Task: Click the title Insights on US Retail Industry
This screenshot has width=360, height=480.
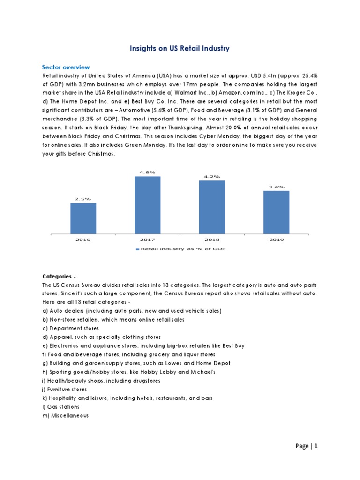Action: [x=180, y=48]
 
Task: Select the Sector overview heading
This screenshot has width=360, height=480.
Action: [x=66, y=67]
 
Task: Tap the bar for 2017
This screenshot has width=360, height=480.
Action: [x=147, y=204]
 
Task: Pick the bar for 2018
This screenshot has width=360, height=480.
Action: [x=211, y=206]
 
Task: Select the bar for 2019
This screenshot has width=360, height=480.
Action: [x=276, y=211]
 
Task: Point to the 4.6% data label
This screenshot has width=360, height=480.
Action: [x=147, y=172]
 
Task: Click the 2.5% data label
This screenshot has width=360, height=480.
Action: [x=83, y=199]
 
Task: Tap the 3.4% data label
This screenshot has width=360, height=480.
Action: [x=276, y=187]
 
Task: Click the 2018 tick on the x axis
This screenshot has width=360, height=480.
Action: [x=211, y=239]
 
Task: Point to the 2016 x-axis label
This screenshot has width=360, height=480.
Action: [x=83, y=239]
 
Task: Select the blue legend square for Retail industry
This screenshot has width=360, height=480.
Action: [x=138, y=249]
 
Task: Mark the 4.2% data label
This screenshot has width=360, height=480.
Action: [x=211, y=176]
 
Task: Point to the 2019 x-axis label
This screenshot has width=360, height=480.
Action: [x=276, y=239]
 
